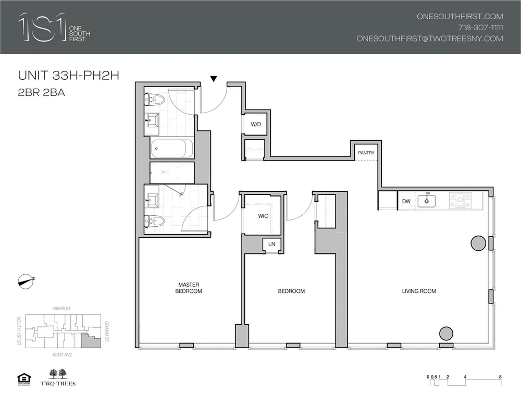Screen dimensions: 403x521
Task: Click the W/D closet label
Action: [255, 125]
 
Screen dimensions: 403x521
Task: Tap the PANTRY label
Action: [366, 153]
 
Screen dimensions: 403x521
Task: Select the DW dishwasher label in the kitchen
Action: [406, 201]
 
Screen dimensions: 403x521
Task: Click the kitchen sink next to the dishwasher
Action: [427, 200]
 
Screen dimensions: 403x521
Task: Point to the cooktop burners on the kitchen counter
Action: [461, 201]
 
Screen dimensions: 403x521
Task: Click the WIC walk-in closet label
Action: [263, 216]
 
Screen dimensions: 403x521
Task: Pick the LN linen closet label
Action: [271, 244]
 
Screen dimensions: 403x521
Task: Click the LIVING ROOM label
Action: [419, 291]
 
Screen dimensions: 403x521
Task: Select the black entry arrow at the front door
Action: [213, 79]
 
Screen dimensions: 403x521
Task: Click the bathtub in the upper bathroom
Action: [172, 149]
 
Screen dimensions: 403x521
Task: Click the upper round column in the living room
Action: [478, 242]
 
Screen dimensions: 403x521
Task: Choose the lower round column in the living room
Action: [446, 333]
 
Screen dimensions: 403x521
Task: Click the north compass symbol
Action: [26, 281]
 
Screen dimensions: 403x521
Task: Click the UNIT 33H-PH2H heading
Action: [69, 76]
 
